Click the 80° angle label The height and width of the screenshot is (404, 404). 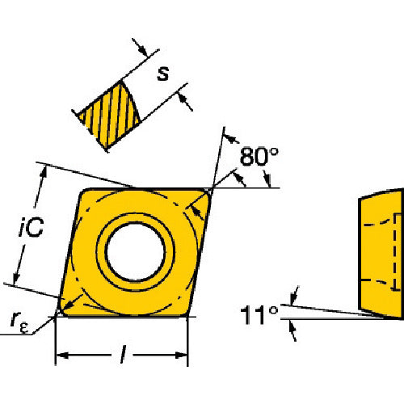pyautogui.click(x=259, y=157)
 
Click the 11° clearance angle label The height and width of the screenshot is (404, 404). pyautogui.click(x=259, y=315)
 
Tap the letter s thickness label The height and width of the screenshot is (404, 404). pyautogui.click(x=163, y=74)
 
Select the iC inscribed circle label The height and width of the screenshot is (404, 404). pyautogui.click(x=32, y=227)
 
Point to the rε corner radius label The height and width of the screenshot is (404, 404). pyautogui.click(x=19, y=323)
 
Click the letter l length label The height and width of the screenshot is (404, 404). pyautogui.click(x=123, y=355)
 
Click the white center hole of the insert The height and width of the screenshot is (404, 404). pyautogui.click(x=135, y=251)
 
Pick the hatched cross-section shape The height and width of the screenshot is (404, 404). pyautogui.click(x=109, y=115)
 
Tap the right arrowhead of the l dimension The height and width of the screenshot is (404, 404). pyautogui.click(x=181, y=356)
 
